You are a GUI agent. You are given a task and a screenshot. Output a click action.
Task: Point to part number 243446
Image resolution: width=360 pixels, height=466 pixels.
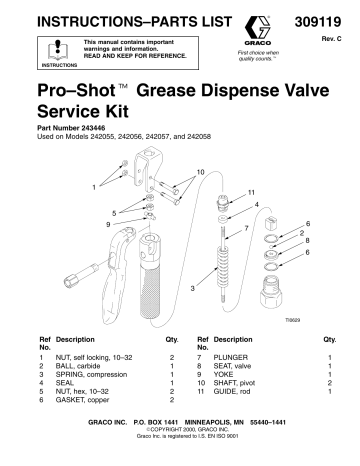[x=103, y=129]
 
